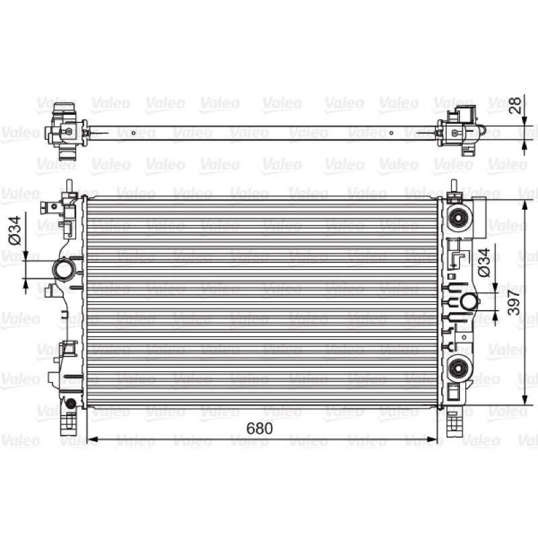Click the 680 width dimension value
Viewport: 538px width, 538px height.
point(260,428)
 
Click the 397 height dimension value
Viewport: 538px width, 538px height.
point(514,303)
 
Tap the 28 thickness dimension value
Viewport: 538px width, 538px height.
point(515,106)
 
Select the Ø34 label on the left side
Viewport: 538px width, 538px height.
point(15,230)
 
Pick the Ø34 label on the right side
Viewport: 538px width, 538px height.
point(484,262)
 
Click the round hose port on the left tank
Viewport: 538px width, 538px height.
point(63,270)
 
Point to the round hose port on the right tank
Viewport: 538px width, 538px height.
point(468,301)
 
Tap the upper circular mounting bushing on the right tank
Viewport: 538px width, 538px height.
point(457,218)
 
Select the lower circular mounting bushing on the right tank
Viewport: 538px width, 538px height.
point(457,369)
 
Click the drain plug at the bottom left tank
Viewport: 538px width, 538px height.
point(71,403)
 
